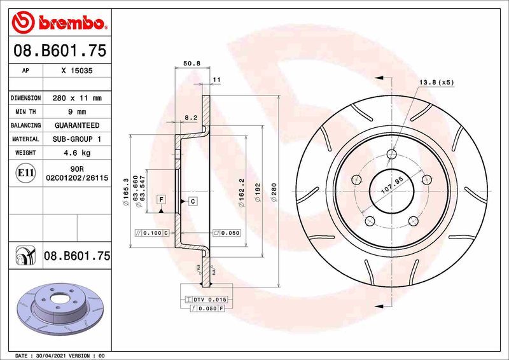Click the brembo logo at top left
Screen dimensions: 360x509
click(x=58, y=23)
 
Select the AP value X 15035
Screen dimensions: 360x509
click(x=77, y=72)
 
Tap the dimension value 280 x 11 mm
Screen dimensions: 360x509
click(x=77, y=99)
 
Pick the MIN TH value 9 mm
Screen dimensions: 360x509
click(x=77, y=112)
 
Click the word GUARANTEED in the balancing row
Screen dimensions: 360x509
click(x=77, y=126)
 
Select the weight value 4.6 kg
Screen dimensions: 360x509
click(x=77, y=153)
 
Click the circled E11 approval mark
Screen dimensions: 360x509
click(x=26, y=172)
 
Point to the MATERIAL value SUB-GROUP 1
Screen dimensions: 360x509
click(x=77, y=139)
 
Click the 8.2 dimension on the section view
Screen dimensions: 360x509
click(x=190, y=118)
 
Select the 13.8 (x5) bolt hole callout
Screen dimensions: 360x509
click(x=436, y=83)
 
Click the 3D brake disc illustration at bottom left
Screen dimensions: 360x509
click(x=58, y=310)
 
